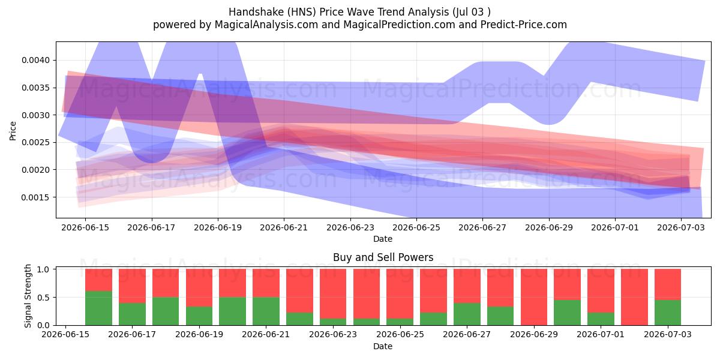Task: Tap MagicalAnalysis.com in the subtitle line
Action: (266, 25)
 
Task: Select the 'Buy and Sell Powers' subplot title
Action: (383, 257)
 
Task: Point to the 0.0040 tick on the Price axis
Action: (35, 61)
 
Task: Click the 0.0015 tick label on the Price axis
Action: (35, 197)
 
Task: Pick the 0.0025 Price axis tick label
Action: (35, 142)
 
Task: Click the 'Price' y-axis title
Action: (13, 131)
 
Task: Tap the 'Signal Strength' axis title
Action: (28, 296)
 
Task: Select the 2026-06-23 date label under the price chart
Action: (350, 228)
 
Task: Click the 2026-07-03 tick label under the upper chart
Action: (681, 228)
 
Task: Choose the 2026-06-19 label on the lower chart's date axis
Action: (199, 335)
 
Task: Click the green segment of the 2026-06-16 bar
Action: (98, 308)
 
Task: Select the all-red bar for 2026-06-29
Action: (534, 298)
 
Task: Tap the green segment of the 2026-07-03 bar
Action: (668, 313)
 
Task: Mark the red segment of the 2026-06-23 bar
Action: (333, 294)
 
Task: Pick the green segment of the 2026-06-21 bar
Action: (266, 311)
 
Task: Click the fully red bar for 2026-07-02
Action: (634, 298)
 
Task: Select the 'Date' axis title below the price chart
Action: (383, 239)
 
